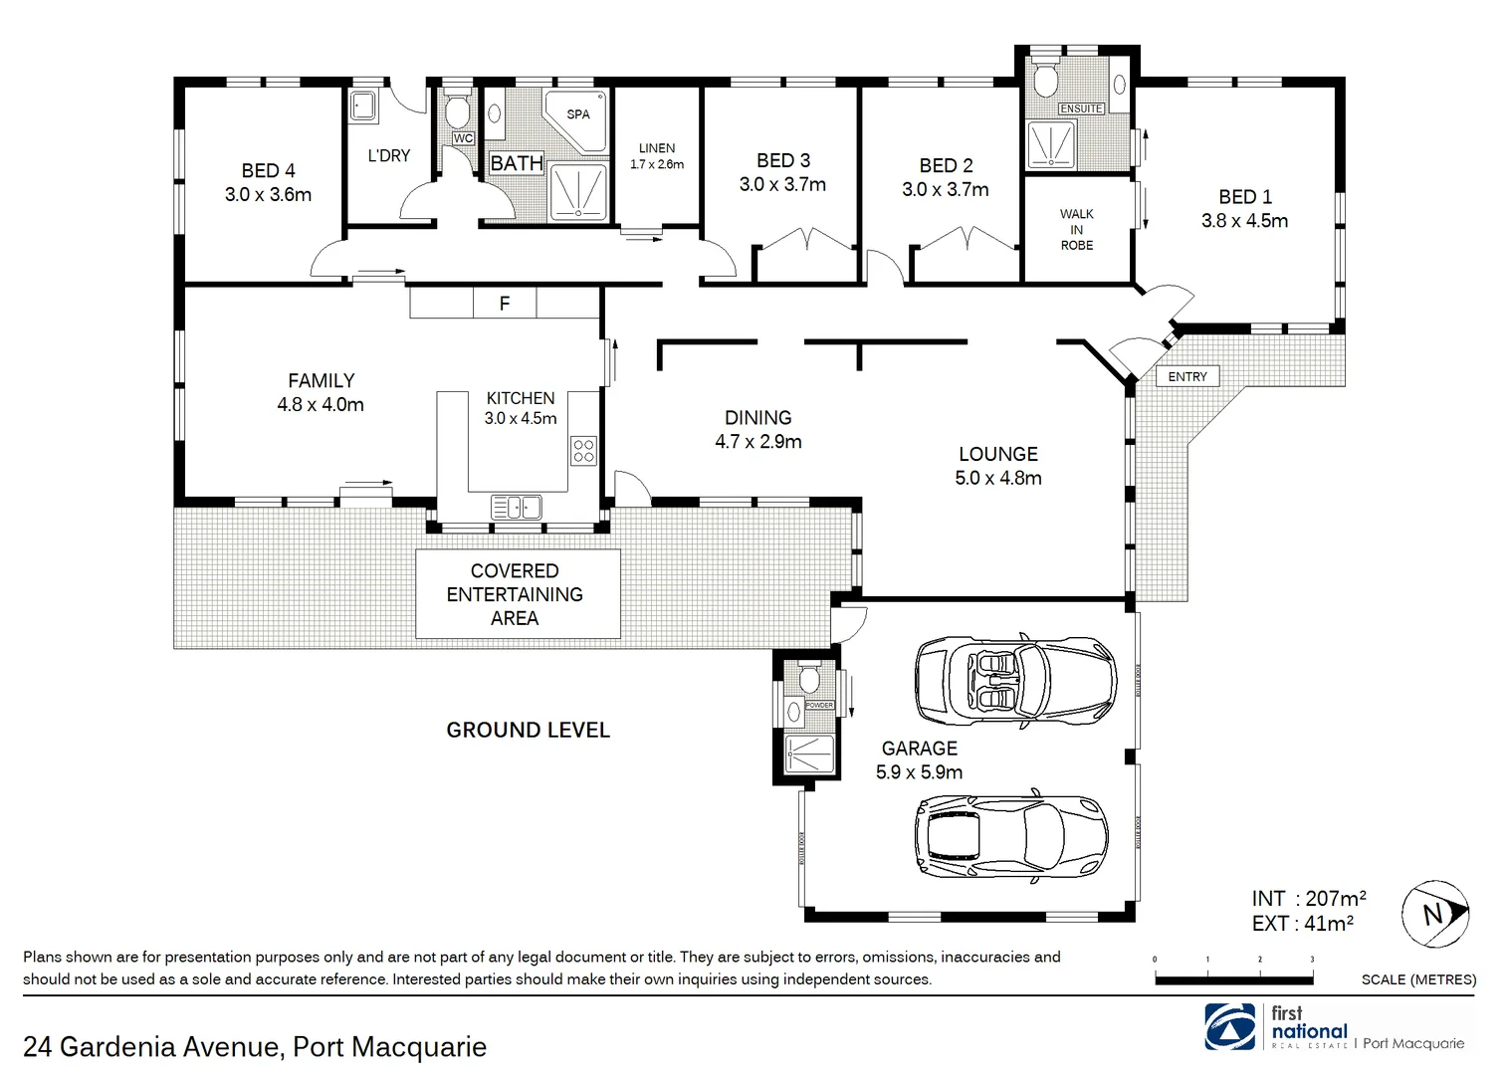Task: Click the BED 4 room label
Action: (268, 170)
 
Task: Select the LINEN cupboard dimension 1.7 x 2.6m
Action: (657, 164)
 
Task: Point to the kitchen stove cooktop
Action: (583, 451)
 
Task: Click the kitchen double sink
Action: (516, 508)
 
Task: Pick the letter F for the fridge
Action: (505, 304)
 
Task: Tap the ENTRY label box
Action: (1187, 376)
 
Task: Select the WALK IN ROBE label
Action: (1077, 230)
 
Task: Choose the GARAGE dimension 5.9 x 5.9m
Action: (919, 772)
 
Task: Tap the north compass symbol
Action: (1434, 913)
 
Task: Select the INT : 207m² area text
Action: (1308, 899)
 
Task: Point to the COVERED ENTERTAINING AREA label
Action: (515, 594)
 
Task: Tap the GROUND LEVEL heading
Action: (528, 730)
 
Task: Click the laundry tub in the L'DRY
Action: (363, 107)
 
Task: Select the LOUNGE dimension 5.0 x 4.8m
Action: (998, 478)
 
